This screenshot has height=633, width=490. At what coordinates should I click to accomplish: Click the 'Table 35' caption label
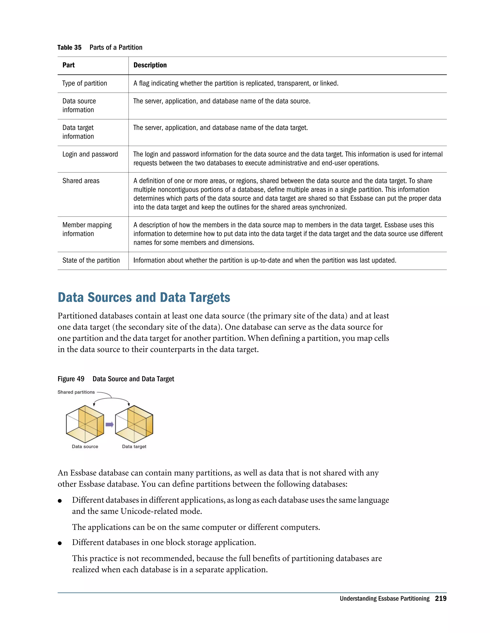69,48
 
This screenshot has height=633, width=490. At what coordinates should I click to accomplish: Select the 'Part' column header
68,65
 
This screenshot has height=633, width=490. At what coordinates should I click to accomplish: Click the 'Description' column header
150,65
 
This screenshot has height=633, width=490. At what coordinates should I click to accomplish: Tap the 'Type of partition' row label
84,83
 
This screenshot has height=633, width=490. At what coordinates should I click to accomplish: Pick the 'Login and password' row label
90,154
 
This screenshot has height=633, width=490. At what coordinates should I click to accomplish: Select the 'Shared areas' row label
81,181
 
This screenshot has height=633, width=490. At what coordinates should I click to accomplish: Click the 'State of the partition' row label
91,260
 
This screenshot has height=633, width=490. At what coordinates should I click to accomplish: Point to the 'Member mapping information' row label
87,229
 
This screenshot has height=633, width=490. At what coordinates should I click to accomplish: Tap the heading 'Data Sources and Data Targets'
144,298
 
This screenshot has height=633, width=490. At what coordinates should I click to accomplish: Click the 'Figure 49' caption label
71,379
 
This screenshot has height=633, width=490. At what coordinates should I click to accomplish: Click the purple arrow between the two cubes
109,425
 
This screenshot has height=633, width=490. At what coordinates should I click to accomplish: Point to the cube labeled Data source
85,424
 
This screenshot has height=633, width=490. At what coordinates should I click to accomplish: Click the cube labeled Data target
134,424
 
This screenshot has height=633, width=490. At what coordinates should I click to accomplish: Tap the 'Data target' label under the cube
134,447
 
